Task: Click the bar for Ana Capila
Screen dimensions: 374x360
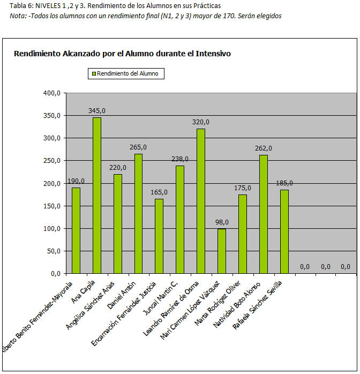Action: tap(97, 195)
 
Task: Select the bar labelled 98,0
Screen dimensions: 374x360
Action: tap(222, 251)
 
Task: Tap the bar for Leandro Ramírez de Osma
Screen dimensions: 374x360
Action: tap(201, 201)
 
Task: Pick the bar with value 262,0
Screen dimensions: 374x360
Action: tap(263, 214)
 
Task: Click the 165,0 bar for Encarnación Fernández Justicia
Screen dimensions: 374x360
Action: tap(159, 236)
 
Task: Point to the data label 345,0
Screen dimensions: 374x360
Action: tap(97, 111)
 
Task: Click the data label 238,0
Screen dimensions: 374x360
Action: tap(180, 159)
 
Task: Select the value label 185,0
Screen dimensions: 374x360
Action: tap(284, 183)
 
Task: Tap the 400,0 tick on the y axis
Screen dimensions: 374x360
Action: tap(52, 93)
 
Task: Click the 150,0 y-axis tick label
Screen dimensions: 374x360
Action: tap(52, 206)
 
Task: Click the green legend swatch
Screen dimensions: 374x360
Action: tap(93, 74)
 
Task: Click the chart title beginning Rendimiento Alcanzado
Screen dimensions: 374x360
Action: tap(122, 54)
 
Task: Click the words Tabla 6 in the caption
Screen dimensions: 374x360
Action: tap(20, 6)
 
